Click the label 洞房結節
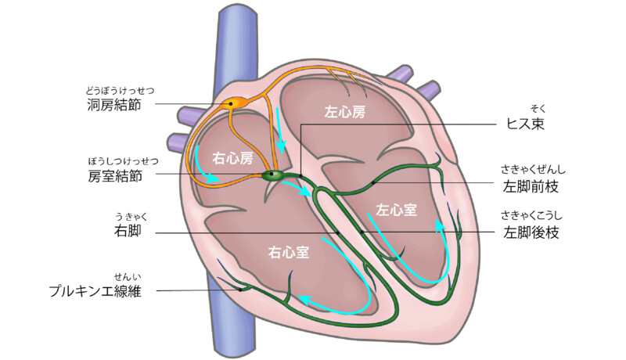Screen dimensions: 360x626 pos(115,104)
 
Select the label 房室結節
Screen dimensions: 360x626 pos(115,176)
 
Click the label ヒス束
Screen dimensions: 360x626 pos(524,124)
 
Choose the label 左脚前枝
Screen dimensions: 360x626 pos(532,186)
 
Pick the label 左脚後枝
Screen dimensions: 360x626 pos(532,232)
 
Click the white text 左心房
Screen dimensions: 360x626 pos(345,113)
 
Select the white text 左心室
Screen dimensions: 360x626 pos(396,210)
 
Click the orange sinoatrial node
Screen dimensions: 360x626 pos(232,103)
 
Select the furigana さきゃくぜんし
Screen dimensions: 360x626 pos(533,170)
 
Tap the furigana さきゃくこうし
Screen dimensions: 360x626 pos(533,216)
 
